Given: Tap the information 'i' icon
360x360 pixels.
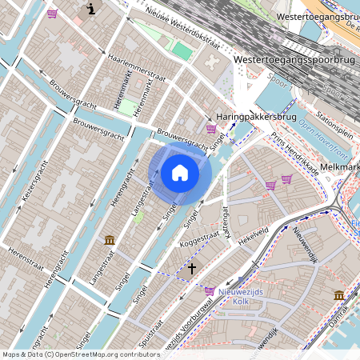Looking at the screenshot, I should pyautogui.click(x=90, y=10).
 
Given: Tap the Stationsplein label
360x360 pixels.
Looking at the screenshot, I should pyautogui.click(x=326, y=124).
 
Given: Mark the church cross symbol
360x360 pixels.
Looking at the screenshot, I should pyautogui.click(x=191, y=269).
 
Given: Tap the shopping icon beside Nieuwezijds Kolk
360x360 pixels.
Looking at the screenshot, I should pyautogui.click(x=210, y=291).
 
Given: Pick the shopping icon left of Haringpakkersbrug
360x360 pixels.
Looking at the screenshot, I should pyautogui.click(x=211, y=128).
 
